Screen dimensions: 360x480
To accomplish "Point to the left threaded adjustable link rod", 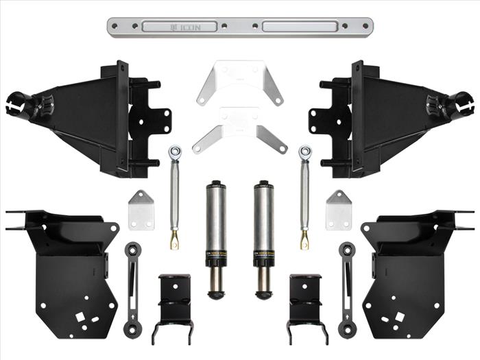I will [174, 195].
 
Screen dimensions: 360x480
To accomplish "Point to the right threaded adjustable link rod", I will [304, 195].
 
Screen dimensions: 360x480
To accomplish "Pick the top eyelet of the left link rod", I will [176, 149].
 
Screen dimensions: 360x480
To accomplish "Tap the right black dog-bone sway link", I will [348, 288].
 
